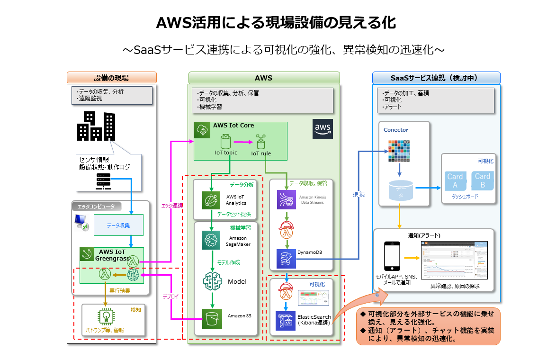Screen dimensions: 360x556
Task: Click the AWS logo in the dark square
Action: coord(323,129)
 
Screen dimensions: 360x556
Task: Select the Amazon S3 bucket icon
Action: coord(212,318)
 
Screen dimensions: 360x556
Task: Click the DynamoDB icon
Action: coord(286,259)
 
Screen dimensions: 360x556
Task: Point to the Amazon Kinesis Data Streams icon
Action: coord(287,199)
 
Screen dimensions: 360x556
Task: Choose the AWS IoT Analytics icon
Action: coord(212,200)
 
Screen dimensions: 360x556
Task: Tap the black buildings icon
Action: coord(96,126)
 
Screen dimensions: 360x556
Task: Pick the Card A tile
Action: coord(455,180)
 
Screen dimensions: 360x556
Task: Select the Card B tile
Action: coord(482,180)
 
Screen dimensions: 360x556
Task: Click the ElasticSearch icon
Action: coord(286,321)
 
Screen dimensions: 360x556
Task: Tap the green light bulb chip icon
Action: coord(104,316)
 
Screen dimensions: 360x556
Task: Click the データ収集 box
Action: coord(118,225)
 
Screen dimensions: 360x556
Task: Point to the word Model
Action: coord(237,281)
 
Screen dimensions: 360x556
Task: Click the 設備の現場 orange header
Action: coord(112,78)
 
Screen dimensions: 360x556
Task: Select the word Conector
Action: coord(396,130)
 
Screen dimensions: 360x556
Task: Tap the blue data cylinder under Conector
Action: coord(400,189)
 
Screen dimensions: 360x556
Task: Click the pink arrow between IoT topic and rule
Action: coord(243,142)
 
